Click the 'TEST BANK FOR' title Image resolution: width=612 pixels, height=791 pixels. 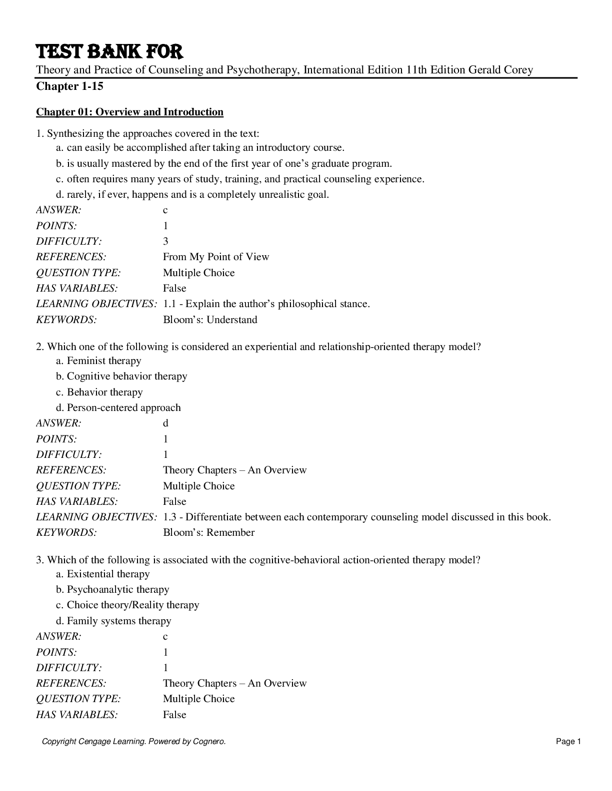pos(109,51)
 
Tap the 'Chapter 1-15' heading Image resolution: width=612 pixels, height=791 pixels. pos(69,86)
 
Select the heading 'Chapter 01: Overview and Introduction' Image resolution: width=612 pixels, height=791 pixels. pos(129,112)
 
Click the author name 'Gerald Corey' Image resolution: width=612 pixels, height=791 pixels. pos(500,70)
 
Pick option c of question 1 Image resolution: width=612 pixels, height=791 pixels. pos(240,179)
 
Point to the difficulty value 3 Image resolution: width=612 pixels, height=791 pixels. pos(165,241)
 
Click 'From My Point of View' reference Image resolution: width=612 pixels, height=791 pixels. pos(216,257)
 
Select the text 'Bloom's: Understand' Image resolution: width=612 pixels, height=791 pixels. pos(210,320)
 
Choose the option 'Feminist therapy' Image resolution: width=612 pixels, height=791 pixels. pos(98,361)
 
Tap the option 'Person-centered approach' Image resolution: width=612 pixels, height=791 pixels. pos(118,407)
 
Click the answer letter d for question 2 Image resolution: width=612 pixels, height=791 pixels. pos(165,423)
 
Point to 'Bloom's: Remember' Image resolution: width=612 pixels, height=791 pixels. pos(208,532)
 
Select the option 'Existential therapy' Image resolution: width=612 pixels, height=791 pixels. pos(102,574)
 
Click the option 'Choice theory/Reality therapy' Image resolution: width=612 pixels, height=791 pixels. pos(127,605)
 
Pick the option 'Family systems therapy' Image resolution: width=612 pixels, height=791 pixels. pos(113,621)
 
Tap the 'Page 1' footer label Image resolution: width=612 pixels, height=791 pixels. pos(568,742)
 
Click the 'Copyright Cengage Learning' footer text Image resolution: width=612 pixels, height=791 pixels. pos(133,742)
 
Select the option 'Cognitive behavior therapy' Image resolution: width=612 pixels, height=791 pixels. pos(121,376)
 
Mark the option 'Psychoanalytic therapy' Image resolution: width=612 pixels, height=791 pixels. pos(112,589)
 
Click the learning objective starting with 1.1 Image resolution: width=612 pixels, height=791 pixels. pos(266,304)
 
